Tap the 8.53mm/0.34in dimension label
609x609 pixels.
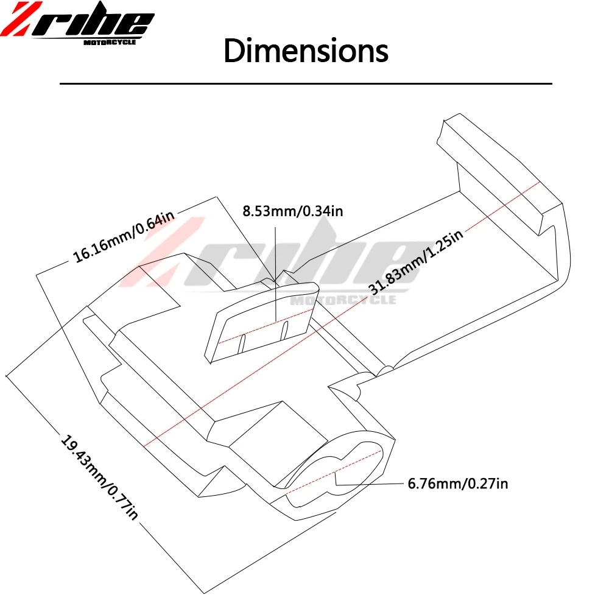[x=293, y=211]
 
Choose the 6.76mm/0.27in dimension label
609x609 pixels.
[x=457, y=484]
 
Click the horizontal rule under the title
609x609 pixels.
[x=304, y=83]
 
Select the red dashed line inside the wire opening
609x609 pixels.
[x=335, y=472]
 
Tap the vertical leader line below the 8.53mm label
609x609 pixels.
[x=275, y=268]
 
